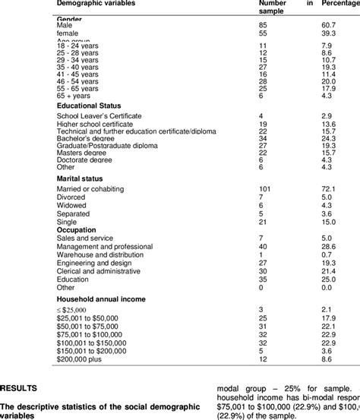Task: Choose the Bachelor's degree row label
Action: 84,139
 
